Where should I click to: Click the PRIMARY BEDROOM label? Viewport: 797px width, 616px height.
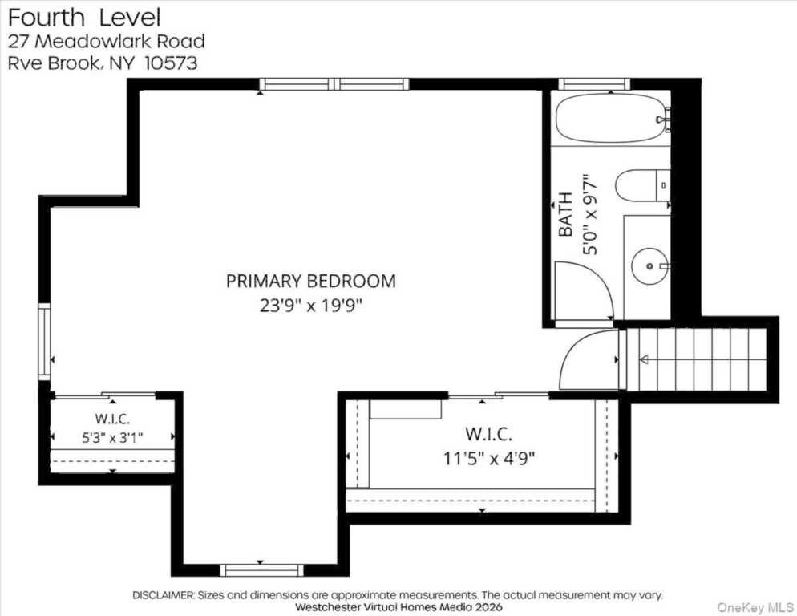click(310, 282)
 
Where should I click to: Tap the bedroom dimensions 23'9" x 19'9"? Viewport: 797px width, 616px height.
click(310, 306)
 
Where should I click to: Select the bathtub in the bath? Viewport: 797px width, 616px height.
click(610, 118)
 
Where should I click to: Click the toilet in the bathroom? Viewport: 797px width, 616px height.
click(642, 185)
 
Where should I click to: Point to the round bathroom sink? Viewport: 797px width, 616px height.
click(649, 266)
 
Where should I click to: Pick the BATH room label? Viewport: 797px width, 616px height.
click(565, 214)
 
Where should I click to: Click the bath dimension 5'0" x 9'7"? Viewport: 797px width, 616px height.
click(589, 215)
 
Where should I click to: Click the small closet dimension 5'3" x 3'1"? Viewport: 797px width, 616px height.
click(113, 437)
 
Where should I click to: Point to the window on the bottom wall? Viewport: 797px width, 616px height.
click(261, 570)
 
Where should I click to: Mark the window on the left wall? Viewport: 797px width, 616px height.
click(45, 342)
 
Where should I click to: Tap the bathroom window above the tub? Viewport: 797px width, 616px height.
click(594, 84)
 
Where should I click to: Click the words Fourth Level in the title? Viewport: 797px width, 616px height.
click(84, 18)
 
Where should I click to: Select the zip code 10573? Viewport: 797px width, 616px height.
click(172, 63)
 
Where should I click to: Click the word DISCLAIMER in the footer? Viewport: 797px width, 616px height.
click(163, 594)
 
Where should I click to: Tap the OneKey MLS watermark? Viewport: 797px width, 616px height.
click(755, 607)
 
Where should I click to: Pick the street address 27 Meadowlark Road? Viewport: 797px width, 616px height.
click(106, 41)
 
